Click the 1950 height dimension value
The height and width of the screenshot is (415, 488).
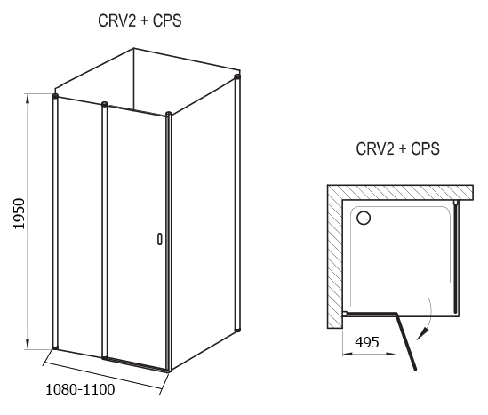pos(19,214)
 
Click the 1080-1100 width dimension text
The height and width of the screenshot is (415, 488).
pos(80,389)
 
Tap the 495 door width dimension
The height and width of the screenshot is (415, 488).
pos(367,342)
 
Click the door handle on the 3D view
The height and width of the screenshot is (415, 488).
pos(160,239)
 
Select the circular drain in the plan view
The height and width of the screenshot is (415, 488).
pos(364,218)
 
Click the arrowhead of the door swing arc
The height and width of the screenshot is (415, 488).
pos(422,335)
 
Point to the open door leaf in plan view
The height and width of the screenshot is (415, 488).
pos(405,341)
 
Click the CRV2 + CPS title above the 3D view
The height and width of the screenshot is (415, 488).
pos(140,20)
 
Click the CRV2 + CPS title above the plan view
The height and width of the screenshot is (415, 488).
pos(397,148)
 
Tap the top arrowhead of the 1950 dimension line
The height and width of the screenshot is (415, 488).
pos(28,99)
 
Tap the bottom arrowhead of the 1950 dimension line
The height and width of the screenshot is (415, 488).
pos(28,344)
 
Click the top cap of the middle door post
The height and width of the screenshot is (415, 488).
pos(105,104)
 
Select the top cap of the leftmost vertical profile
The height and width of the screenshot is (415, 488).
pos(55,95)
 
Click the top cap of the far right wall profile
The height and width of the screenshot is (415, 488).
pos(237,76)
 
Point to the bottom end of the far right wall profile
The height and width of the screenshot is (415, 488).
pos(237,330)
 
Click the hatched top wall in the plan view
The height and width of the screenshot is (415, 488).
pos(401,192)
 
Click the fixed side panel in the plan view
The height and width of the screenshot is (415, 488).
pos(456,258)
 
